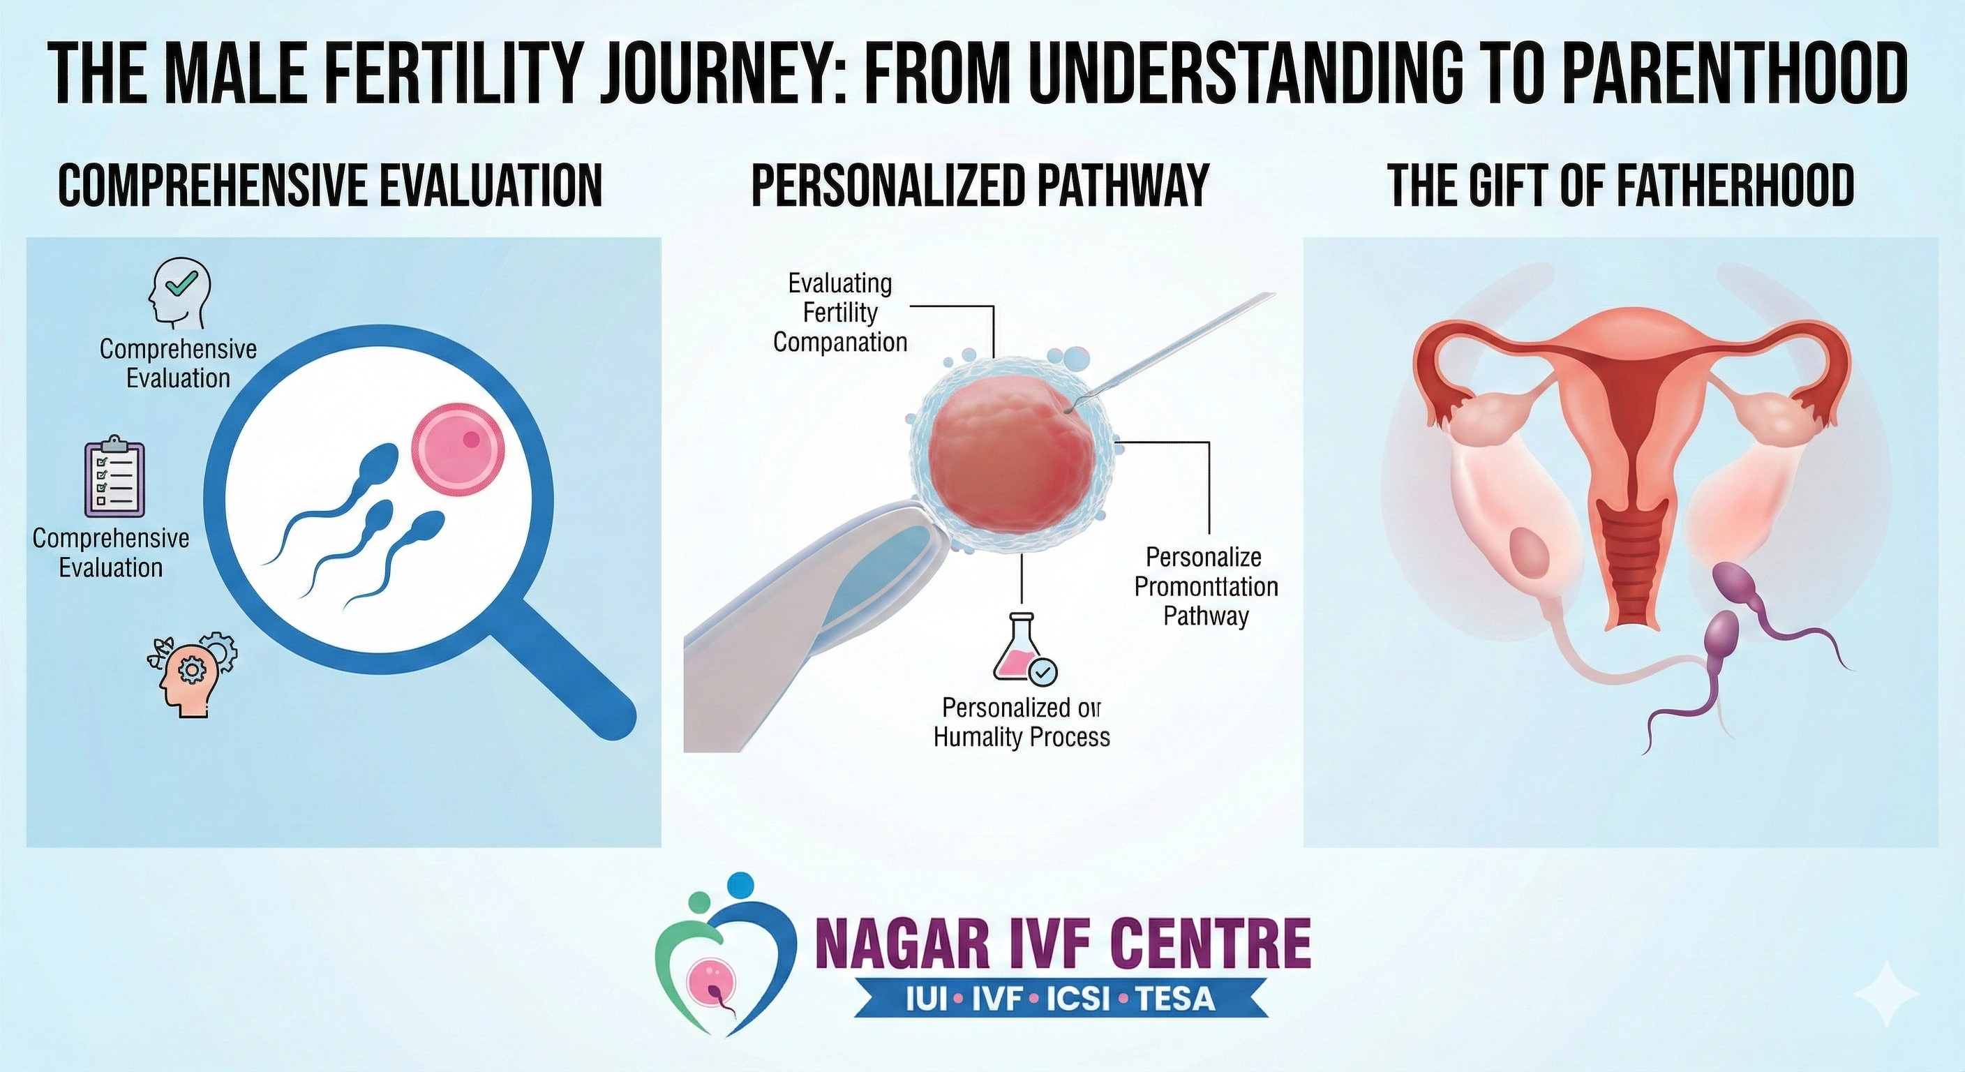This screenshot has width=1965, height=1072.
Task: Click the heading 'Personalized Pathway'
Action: [x=980, y=186]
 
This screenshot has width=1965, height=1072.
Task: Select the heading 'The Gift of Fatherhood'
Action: [x=1620, y=186]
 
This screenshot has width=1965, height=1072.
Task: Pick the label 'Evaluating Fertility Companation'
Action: [x=840, y=313]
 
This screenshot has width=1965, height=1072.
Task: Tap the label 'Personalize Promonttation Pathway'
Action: [x=1205, y=586]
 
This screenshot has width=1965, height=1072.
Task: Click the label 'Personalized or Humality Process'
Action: [x=1022, y=722]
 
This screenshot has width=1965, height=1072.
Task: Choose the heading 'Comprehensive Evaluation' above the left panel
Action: [x=330, y=186]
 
